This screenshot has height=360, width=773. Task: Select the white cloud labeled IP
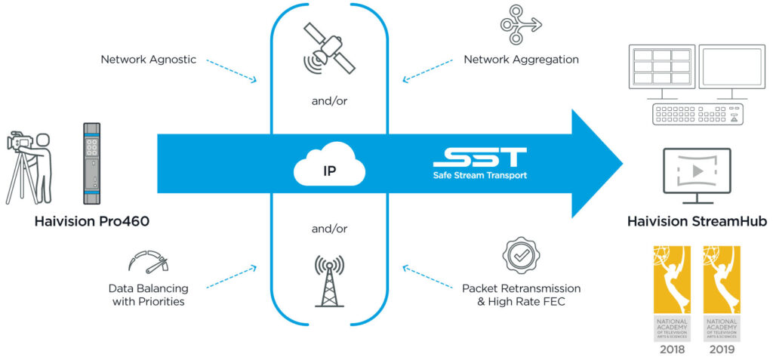(330, 168)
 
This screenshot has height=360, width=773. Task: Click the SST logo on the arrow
(480, 158)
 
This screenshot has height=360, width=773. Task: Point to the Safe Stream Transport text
(480, 176)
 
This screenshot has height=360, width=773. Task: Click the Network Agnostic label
(149, 59)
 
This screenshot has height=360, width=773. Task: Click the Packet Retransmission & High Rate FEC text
(522, 295)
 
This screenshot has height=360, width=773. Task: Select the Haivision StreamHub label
(698, 222)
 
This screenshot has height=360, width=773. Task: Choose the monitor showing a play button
(697, 173)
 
